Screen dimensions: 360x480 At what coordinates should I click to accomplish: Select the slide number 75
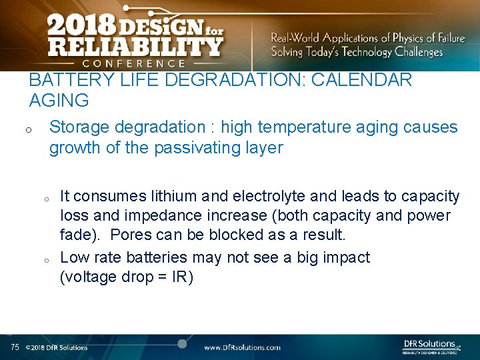tap(15, 347)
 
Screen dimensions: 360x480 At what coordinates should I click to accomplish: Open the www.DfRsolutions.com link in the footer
tap(242, 347)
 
